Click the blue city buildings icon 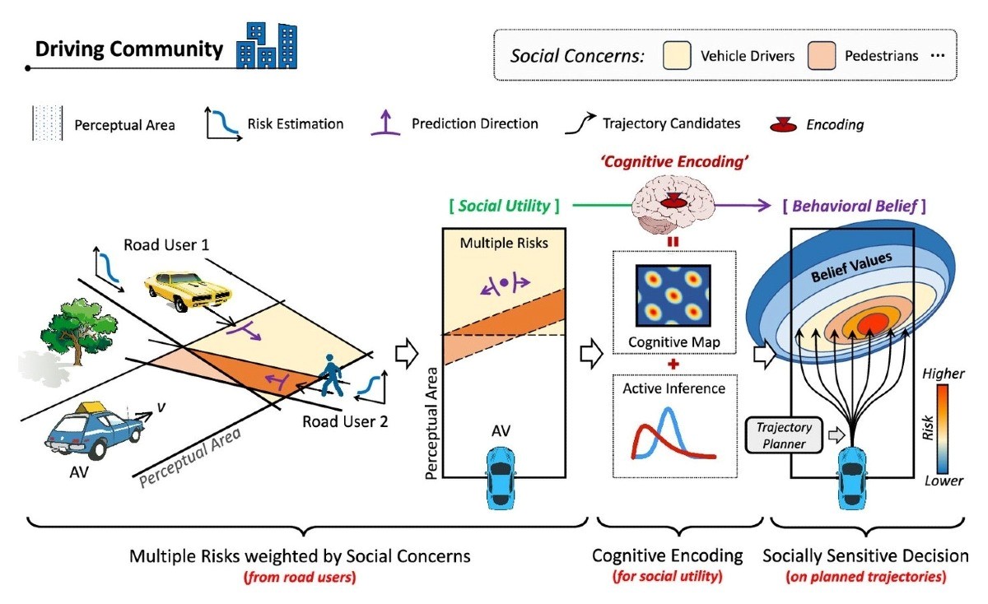267,46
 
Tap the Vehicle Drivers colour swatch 677,56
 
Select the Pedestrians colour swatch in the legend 822,56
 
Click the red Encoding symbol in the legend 783,125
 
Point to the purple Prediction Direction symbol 385,123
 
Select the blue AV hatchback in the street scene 94,430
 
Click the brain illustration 673,206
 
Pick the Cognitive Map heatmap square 673,295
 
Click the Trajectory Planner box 784,435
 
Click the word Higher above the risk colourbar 943,374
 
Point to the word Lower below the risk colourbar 944,481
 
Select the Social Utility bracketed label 504,206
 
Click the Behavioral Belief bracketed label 854,206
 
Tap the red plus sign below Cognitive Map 673,365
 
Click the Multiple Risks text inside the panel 504,243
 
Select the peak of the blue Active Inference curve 669,409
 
